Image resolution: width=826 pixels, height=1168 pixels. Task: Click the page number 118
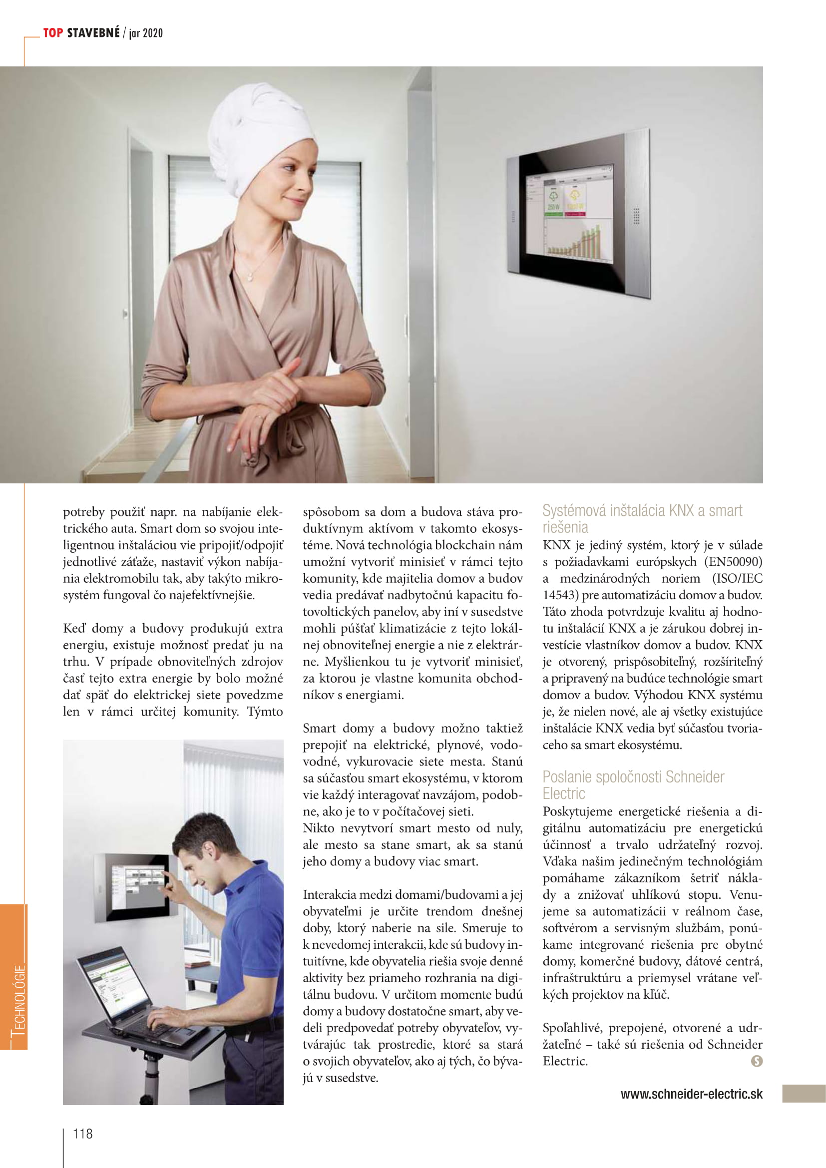coord(83,1134)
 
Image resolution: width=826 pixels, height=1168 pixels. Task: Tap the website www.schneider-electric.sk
coord(691,1094)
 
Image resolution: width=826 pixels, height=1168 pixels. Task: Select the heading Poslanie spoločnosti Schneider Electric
coord(633,785)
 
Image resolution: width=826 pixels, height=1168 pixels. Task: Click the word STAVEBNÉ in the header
coord(93,33)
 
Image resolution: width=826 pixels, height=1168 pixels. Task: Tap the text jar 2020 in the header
coord(146,33)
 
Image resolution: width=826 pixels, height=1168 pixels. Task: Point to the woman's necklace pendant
coord(250,277)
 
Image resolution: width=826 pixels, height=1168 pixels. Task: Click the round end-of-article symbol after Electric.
coord(756,1060)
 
